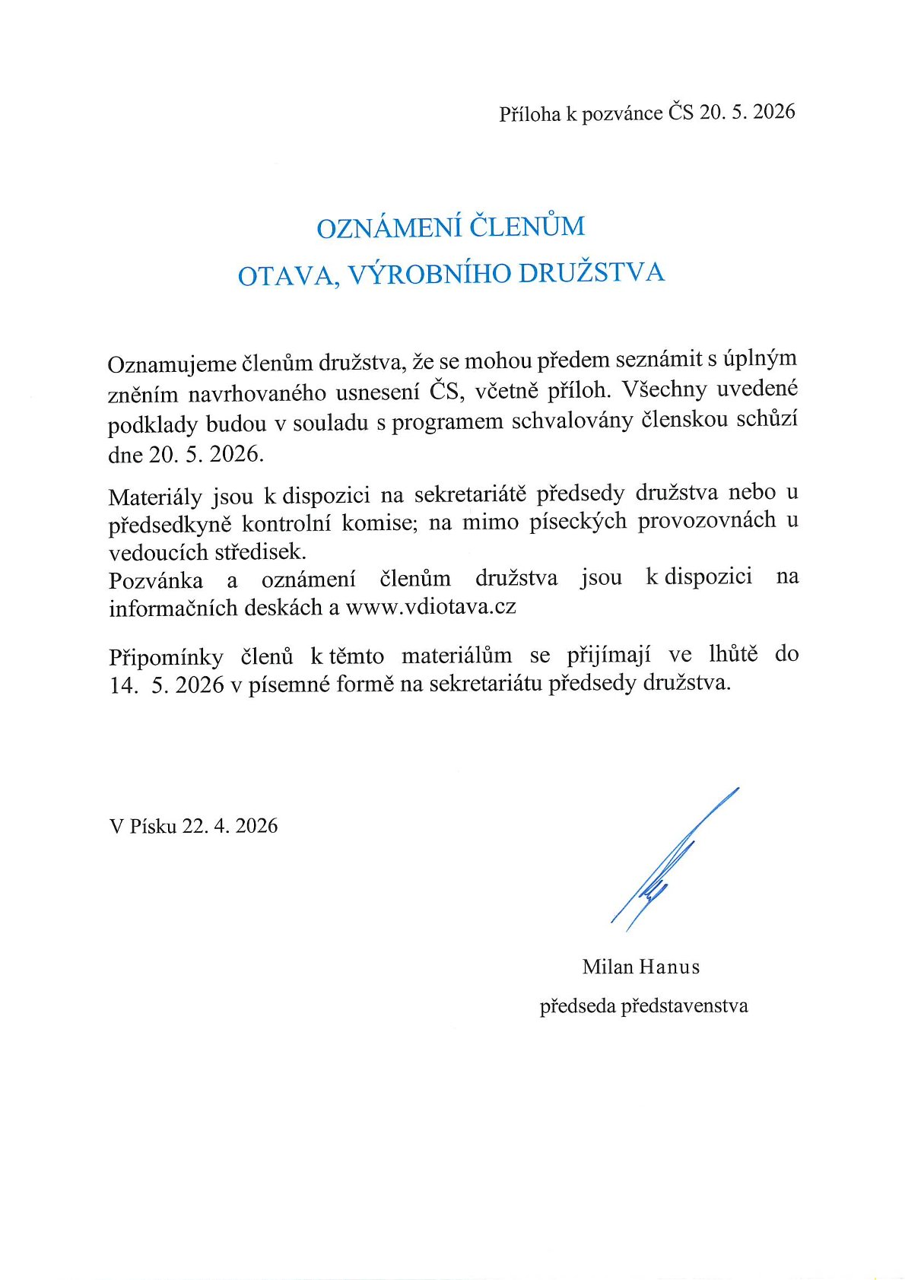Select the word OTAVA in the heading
[283, 275]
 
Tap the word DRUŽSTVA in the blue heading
[591, 273]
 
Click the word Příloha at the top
[529, 114]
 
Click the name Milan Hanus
[640, 967]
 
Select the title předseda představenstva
[643, 1006]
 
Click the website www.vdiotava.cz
[430, 607]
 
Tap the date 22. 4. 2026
[230, 826]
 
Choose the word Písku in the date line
[154, 826]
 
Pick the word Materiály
[155, 497]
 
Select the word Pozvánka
[156, 581]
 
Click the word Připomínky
[166, 657]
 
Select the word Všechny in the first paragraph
[664, 389]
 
